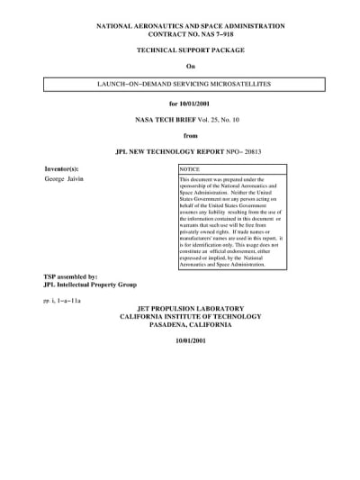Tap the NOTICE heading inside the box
coord(190,169)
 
